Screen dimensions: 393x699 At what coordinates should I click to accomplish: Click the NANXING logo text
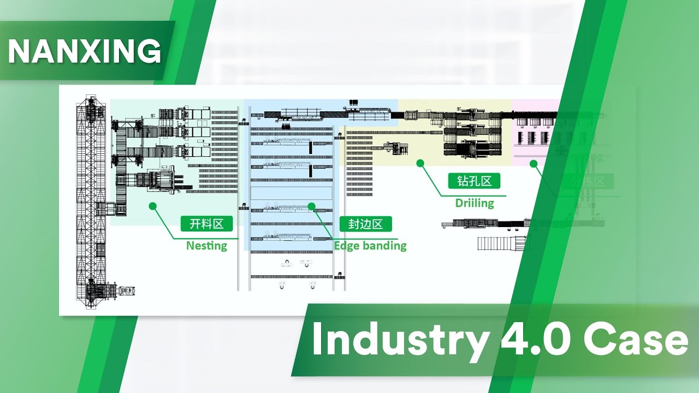pos(84,51)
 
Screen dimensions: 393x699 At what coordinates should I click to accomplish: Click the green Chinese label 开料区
pos(207,224)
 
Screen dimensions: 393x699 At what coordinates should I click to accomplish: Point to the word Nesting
pos(206,246)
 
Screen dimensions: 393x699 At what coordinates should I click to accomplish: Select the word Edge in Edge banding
pos(346,246)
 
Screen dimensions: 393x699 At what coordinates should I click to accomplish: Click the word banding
pos(384,246)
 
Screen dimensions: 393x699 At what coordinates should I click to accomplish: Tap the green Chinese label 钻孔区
pos(474,181)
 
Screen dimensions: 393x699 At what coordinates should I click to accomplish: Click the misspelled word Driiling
pos(474,203)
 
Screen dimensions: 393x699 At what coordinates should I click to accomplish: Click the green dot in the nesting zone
pos(152,206)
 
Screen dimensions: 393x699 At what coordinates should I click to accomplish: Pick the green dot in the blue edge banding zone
pos(311,206)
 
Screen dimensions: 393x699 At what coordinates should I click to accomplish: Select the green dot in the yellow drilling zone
pos(420,163)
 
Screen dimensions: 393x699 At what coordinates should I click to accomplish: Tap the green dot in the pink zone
pos(534,163)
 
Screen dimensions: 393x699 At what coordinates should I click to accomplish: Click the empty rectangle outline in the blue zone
pos(291,193)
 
